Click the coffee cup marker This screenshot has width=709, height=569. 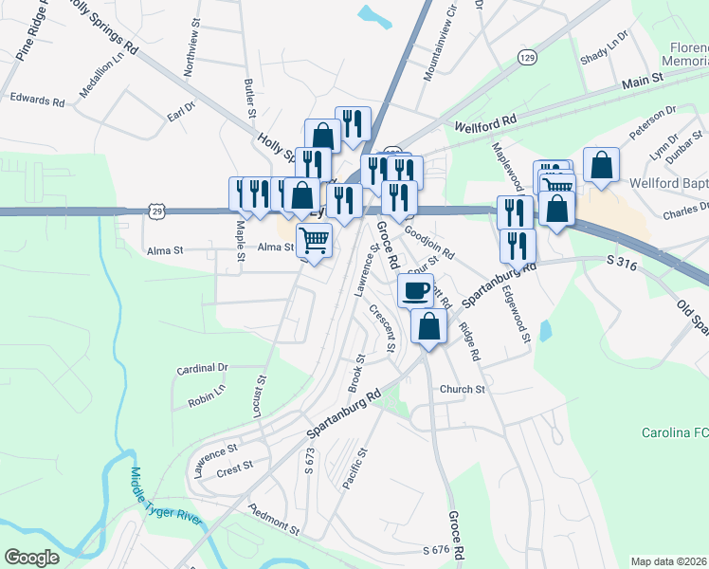coord(414,290)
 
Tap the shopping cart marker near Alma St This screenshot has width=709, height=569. coord(314,239)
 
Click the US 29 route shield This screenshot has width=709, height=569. coord(153,211)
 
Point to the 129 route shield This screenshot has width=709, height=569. coord(528,59)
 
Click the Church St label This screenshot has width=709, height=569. coord(462,389)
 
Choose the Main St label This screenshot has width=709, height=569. coord(642,83)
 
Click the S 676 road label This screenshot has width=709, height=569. coord(435,550)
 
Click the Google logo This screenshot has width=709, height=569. coord(31,557)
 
